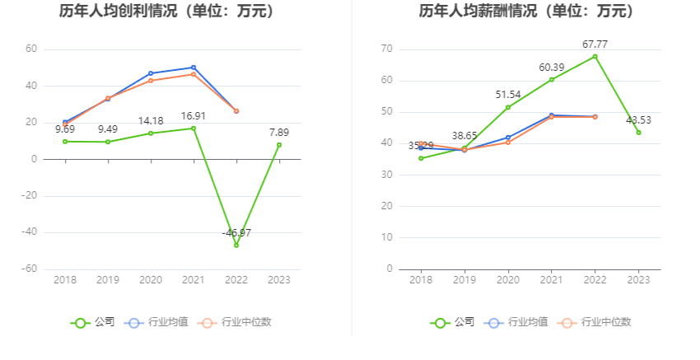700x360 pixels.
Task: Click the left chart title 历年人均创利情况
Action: tap(166, 12)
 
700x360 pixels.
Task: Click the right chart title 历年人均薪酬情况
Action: tap(526, 12)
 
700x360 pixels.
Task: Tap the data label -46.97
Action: tap(236, 233)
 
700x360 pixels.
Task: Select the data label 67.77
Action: tap(594, 44)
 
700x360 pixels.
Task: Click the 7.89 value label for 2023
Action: tap(279, 132)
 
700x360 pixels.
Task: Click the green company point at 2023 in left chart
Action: tap(279, 145)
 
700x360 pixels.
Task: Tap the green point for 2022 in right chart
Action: tap(595, 56)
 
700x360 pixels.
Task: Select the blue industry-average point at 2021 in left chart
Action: tap(194, 68)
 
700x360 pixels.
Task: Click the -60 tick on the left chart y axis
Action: tap(30, 269)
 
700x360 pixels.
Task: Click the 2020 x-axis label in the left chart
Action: tap(151, 280)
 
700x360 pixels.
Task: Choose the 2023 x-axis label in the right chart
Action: tap(638, 280)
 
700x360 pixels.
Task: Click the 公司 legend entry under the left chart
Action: tap(93, 322)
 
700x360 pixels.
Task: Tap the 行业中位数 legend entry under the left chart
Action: tap(234, 322)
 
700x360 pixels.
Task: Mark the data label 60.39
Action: tap(552, 67)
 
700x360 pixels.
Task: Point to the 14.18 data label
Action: tap(151, 120)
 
